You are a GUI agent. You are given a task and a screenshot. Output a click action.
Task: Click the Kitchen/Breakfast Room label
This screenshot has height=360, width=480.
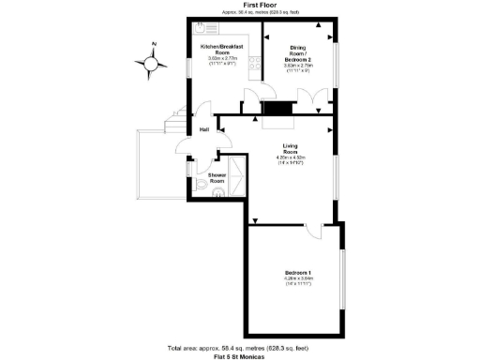pos(223,50)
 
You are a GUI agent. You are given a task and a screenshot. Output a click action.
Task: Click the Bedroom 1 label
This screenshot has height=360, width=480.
pos(296,271)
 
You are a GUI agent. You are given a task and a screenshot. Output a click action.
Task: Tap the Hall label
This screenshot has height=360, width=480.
pos(203,130)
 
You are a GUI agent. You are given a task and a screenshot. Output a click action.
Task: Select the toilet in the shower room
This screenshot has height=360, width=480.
pos(218,194)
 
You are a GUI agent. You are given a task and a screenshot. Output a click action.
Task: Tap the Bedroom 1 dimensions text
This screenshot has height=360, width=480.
pos(296,280)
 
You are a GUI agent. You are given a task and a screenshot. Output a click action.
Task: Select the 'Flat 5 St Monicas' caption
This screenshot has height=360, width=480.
pos(240,355)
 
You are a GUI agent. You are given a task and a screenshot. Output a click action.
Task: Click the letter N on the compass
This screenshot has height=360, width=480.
pos(155,46)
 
